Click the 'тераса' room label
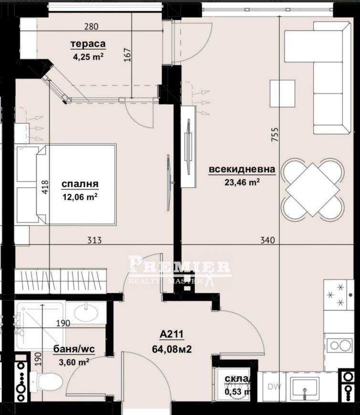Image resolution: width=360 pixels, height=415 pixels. pos(88,44)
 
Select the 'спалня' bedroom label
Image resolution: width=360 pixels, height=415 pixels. pos(80,184)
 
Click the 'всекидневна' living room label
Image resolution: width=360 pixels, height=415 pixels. pos(242,169)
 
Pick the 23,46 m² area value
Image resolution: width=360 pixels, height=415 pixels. pos(242,181)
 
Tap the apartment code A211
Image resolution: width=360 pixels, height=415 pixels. pos(172,334)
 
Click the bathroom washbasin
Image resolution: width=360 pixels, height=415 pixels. pos(86,312)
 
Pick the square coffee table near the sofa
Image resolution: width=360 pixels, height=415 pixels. pos(282,93)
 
